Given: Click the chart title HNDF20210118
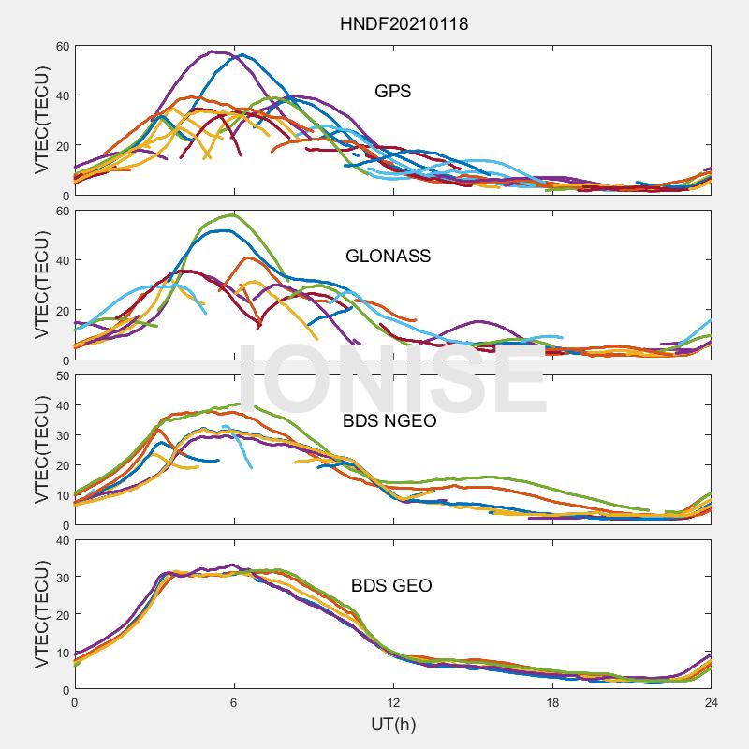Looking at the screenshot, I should click(404, 23).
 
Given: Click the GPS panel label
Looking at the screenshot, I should click(392, 92).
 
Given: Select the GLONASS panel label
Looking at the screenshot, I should click(388, 256).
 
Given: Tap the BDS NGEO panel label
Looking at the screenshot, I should click(389, 421).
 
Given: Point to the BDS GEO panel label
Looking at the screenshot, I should click(391, 586).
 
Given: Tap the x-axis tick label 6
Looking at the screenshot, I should click(234, 703).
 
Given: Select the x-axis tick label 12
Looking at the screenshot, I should click(393, 703).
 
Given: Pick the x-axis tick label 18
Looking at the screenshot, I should click(552, 703).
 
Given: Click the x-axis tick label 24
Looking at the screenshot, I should click(711, 703).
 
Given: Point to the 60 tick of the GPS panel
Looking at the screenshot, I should click(62, 46).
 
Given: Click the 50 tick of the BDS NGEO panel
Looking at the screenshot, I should click(62, 376).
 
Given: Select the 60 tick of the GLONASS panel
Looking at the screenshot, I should click(62, 211).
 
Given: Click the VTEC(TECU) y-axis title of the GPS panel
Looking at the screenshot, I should click(42, 121).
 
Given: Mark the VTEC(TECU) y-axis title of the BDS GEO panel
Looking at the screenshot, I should click(42, 615).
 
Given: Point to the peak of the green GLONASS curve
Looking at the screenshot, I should click(230, 215).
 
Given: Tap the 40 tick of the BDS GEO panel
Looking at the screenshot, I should click(62, 540).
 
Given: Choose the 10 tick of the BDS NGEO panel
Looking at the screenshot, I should click(62, 495).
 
